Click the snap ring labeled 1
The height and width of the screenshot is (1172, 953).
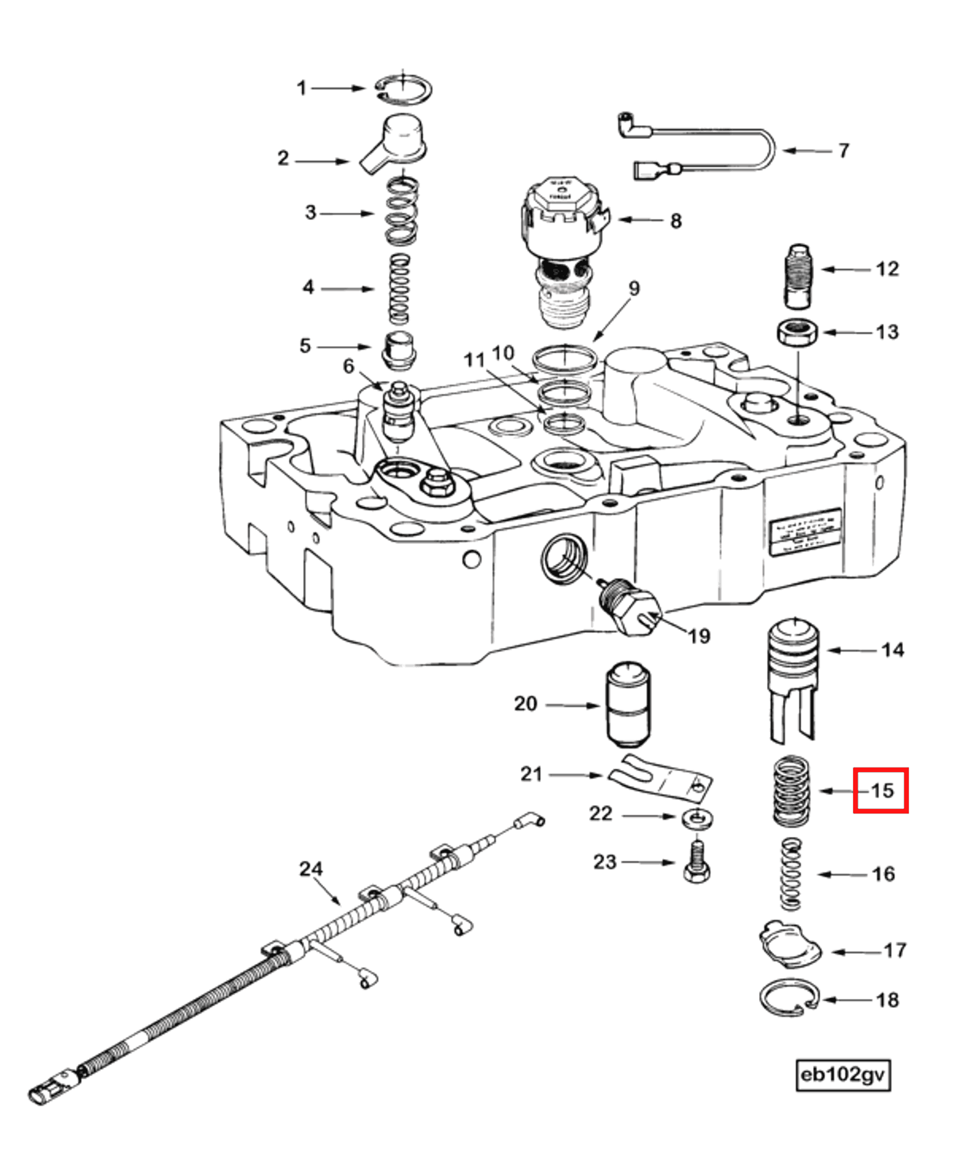403,90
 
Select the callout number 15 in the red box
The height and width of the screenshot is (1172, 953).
881,790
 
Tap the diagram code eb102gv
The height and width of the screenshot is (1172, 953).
843,1074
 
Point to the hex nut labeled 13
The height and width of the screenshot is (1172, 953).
796,333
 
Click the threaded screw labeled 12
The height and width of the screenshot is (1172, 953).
799,276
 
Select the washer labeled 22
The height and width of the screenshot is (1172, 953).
697,819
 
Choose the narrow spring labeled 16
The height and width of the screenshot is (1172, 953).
791,874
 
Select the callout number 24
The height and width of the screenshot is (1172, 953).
311,869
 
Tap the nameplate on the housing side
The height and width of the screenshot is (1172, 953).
806,532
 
